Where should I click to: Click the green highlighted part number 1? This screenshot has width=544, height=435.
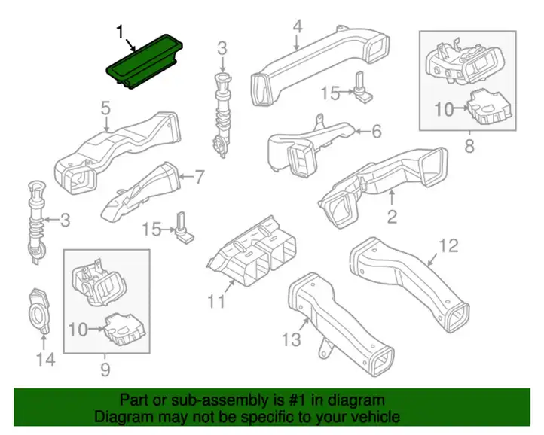(144, 62)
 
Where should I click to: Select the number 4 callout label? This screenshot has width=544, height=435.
(298, 26)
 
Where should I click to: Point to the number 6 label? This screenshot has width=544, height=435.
(377, 132)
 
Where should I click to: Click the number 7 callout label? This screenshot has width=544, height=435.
(200, 177)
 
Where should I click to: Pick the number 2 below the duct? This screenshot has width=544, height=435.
(392, 217)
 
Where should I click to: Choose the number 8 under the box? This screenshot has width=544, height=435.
(469, 145)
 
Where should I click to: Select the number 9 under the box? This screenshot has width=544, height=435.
(105, 370)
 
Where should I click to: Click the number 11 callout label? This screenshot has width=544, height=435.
(216, 301)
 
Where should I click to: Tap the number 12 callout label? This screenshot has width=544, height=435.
(448, 245)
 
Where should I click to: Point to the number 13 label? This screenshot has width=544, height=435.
(291, 339)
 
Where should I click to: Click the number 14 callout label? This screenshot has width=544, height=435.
(45, 360)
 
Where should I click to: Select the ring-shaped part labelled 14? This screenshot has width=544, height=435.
(39, 309)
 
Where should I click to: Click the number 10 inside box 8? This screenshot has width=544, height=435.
(444, 110)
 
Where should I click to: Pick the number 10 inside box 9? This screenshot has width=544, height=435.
(78, 330)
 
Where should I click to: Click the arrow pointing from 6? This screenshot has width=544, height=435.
(362, 132)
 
